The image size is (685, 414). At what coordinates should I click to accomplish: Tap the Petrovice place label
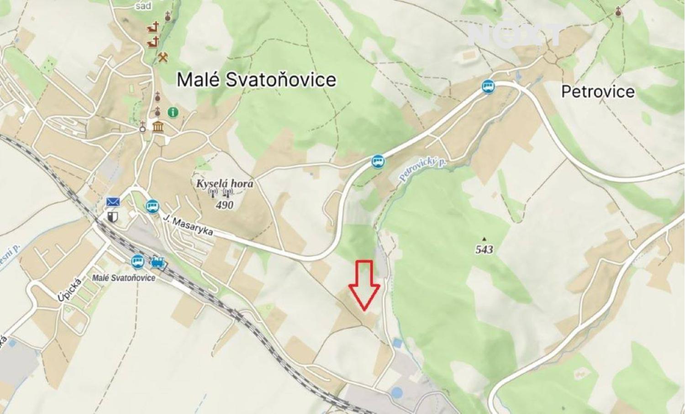(x=597, y=92)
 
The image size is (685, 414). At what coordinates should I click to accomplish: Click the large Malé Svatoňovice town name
(x=256, y=80)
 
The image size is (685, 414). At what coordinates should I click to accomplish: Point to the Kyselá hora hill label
(x=224, y=183)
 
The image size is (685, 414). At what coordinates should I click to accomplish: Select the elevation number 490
(x=224, y=205)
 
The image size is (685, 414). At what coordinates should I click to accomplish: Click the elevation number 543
(x=484, y=249)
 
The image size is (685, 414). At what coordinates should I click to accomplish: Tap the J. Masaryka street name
(x=188, y=225)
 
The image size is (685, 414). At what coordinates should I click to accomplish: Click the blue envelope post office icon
(x=112, y=201)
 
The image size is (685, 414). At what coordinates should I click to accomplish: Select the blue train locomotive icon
(x=158, y=262)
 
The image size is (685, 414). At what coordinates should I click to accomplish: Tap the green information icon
(x=173, y=111)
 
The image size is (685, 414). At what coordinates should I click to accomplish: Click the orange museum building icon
(x=158, y=126)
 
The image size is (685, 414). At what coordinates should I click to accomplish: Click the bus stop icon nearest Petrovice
(x=488, y=86)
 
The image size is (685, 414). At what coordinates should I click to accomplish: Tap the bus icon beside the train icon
(x=137, y=262)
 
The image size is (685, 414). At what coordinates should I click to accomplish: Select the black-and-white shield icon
(x=112, y=216)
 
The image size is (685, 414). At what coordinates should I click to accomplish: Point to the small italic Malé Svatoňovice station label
(x=123, y=278)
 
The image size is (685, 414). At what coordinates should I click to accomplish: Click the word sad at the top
(x=143, y=6)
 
